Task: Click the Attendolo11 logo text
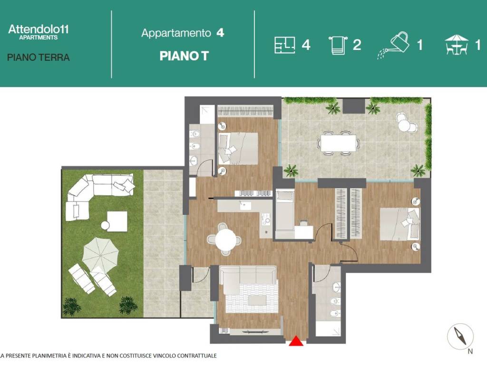[39, 29]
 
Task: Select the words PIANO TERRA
[39, 58]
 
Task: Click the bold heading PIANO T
[184, 56]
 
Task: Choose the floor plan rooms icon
[284, 45]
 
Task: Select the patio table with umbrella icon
[456, 45]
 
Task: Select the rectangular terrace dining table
[339, 143]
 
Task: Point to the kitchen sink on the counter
[245, 205]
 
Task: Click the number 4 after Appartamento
[220, 33]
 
